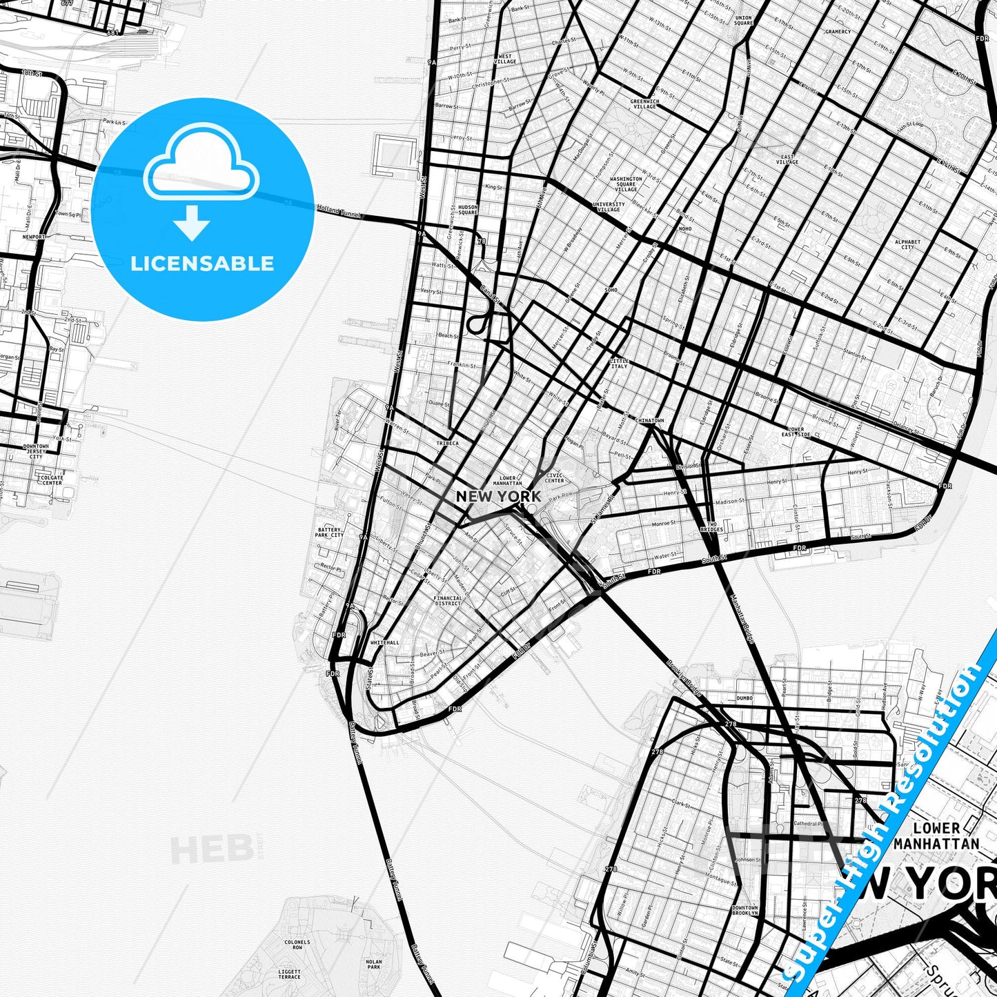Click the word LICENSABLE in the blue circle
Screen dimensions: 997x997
point(202,264)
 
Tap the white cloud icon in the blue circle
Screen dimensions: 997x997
point(201,166)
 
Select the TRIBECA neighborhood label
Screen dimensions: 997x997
point(447,444)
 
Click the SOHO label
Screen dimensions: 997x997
point(611,290)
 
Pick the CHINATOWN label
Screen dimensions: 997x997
point(649,420)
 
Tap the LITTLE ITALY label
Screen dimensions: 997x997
point(619,364)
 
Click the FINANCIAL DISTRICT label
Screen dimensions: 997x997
point(448,601)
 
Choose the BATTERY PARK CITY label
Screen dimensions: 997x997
point(329,533)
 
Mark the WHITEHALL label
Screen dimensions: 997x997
point(384,642)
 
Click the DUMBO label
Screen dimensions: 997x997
point(744,698)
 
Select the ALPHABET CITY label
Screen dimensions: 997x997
point(907,244)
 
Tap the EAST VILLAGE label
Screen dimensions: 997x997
point(787,159)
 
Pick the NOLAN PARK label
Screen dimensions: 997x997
point(373,964)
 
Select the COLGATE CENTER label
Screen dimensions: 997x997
point(52,480)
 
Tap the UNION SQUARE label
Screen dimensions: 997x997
point(744,20)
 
